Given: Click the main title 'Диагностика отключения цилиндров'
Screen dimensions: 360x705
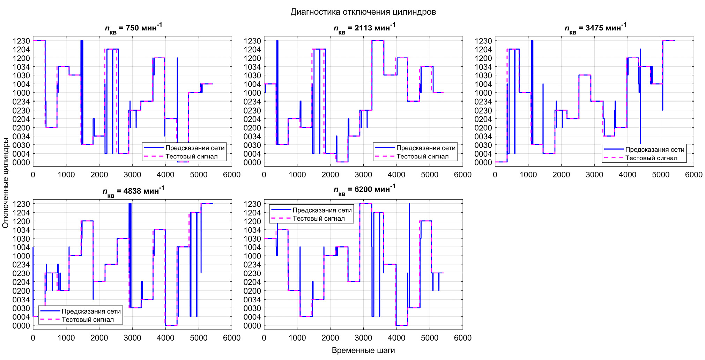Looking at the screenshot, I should pos(363,12).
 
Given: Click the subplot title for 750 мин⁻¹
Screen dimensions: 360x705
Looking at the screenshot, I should pos(133,28).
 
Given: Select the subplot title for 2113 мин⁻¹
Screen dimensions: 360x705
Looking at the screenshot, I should pos(364,28).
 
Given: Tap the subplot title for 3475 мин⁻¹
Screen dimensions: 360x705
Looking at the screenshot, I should pos(595,28).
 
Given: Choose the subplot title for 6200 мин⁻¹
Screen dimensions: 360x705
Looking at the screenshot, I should pos(364,190).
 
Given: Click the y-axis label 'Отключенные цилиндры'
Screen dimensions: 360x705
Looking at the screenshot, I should pos(5,183).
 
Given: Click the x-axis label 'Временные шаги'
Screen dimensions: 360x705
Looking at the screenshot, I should pos(363,350).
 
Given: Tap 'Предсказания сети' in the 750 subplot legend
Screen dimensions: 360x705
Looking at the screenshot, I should pos(195,148).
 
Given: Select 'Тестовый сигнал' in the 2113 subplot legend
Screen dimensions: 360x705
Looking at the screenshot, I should pos(422,156).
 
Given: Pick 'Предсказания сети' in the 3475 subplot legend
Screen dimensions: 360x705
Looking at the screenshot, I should pos(655,149).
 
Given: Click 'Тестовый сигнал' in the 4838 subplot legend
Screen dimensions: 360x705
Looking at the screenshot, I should pos(88,319).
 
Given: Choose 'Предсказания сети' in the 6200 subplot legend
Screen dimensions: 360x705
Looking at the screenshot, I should pos(322,210).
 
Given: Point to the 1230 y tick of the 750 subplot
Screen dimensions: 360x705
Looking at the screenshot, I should pos(21,41).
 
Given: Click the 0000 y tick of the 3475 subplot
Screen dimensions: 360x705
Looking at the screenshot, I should pos(483,162).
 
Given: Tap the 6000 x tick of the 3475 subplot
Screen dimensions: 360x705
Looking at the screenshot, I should pos(693,175).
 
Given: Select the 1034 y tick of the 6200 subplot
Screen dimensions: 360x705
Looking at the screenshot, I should pos(252,230).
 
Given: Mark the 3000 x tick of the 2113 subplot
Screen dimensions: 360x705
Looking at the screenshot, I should pos(363,175).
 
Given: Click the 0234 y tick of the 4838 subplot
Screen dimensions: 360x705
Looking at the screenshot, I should pos(21,265).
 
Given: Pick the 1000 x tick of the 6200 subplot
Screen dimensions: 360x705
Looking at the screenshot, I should pos(297,338).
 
